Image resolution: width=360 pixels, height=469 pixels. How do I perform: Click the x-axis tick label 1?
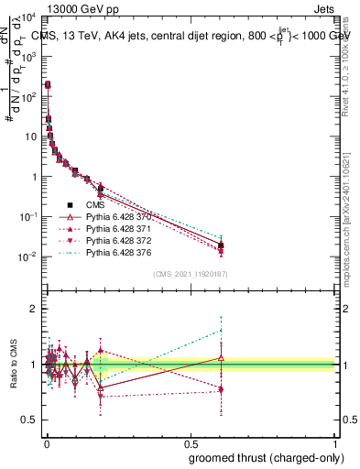334,442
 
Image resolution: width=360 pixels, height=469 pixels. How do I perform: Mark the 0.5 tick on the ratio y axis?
28,420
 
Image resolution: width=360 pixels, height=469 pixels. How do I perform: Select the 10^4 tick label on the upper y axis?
27,17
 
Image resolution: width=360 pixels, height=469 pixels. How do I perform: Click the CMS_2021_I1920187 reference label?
189,275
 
